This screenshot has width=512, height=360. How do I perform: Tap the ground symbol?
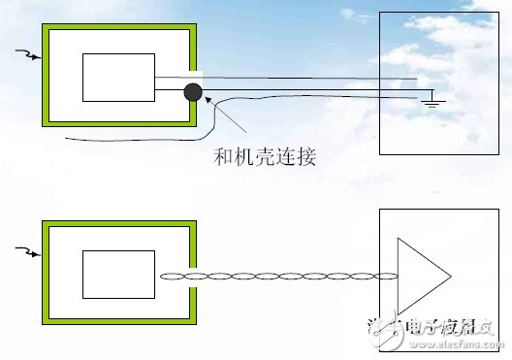click(433, 99)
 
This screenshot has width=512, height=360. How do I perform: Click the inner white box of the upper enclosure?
click(118, 78)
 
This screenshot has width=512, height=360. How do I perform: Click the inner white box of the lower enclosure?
click(118, 275)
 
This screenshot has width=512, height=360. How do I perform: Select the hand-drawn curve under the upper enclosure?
click(126, 143)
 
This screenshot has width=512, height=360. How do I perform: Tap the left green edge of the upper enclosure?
click(46, 78)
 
